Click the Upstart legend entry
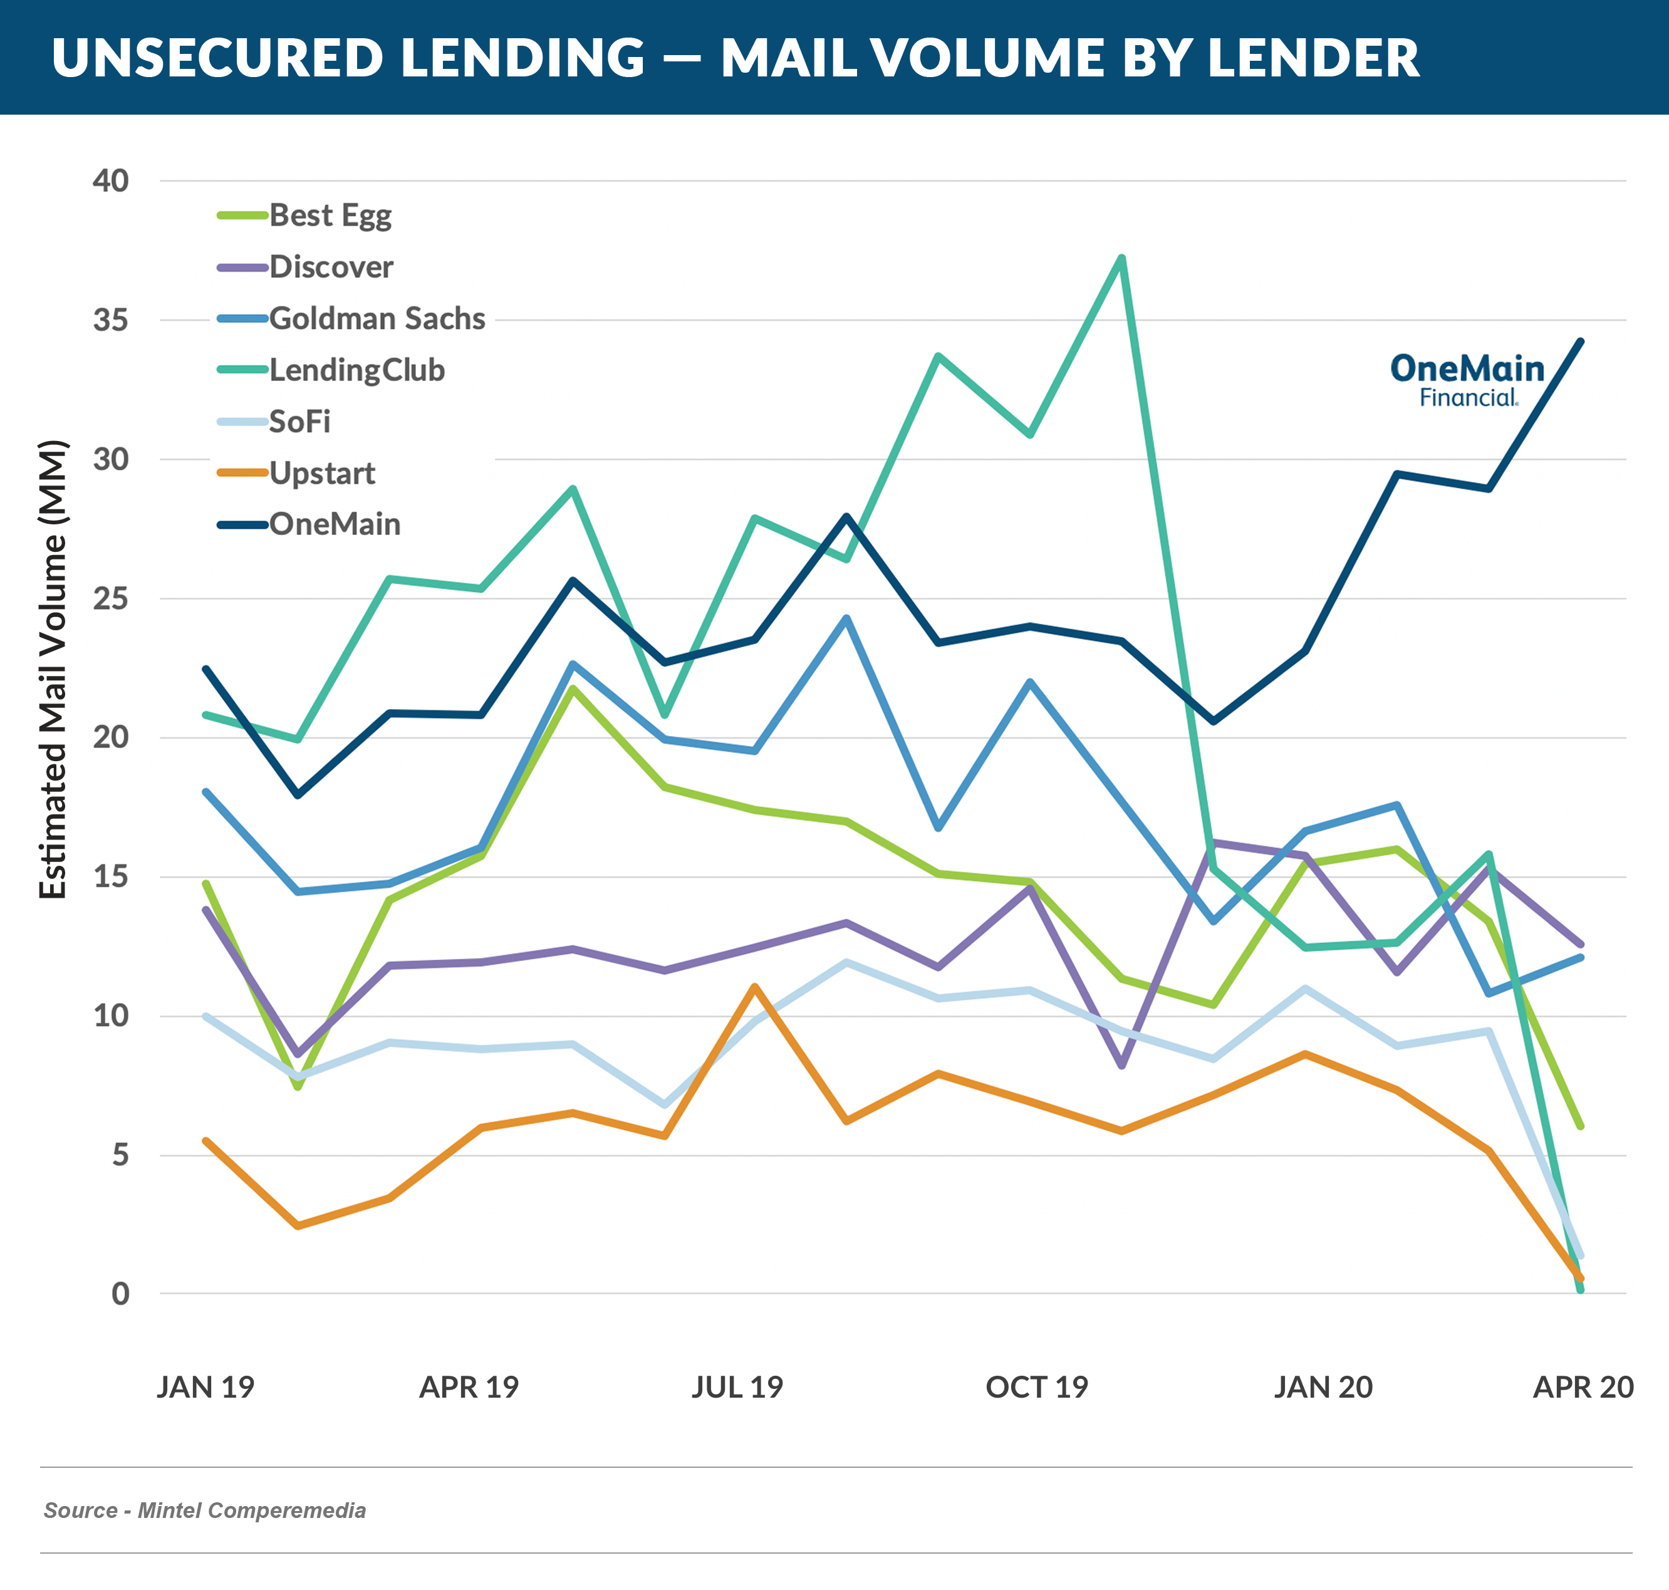click(x=321, y=473)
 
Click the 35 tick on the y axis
click(x=110, y=320)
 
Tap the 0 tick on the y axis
click(x=120, y=1293)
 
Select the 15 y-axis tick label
click(x=110, y=876)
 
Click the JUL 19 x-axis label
click(x=737, y=1388)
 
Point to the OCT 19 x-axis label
click(x=1036, y=1388)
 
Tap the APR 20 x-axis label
click(x=1583, y=1388)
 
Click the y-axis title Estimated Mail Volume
click(x=53, y=670)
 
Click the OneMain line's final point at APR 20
click(x=1581, y=341)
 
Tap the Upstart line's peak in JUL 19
click(x=754, y=987)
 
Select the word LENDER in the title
click(x=1313, y=58)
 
